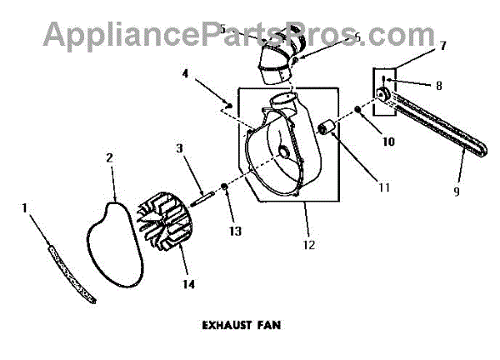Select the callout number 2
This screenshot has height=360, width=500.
coord(109,157)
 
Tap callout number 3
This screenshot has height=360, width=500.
coord(178,148)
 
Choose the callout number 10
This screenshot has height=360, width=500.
coord(364,142)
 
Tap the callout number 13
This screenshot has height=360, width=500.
coord(230,230)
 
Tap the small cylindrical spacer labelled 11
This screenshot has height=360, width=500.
coord(327,128)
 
